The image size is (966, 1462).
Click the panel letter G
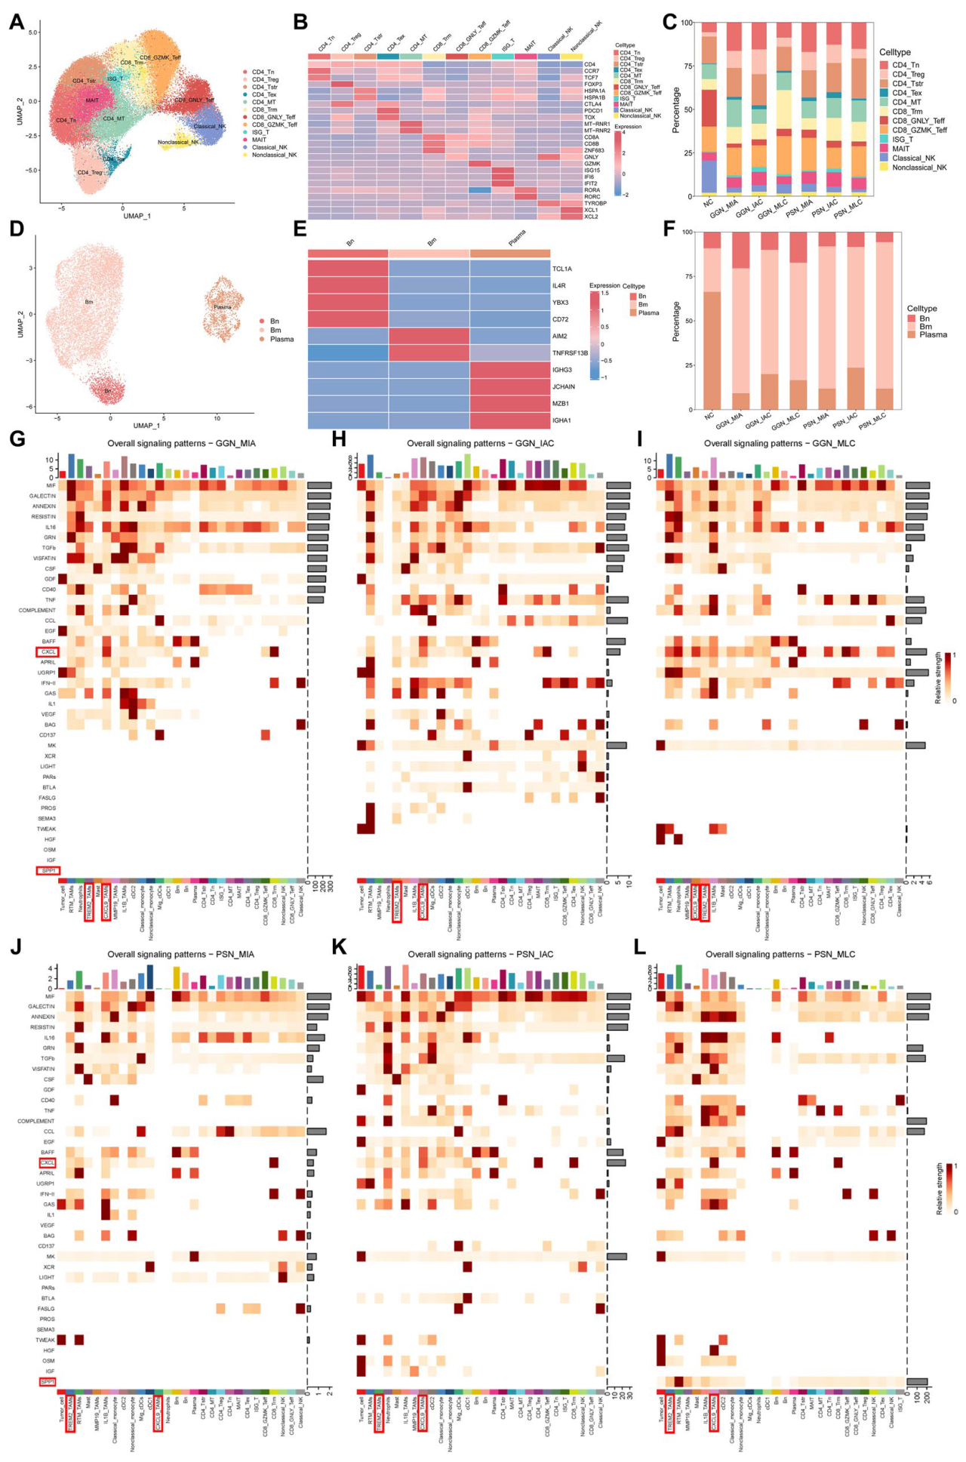pyautogui.click(x=16, y=439)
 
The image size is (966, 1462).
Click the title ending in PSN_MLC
pyautogui.click(x=780, y=954)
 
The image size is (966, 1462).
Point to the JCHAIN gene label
pyautogui.click(x=563, y=387)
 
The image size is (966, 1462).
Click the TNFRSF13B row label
pyautogui.click(x=570, y=353)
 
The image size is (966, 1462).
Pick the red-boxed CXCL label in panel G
pyautogui.click(x=48, y=651)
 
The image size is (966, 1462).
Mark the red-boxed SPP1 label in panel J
pyautogui.click(x=48, y=1381)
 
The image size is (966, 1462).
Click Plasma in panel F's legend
pyautogui.click(x=933, y=335)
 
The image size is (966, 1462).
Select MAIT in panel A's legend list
pyautogui.click(x=259, y=140)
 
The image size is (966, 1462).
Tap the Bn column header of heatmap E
pyautogui.click(x=350, y=243)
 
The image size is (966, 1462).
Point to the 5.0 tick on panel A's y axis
pyautogui.click(x=32, y=32)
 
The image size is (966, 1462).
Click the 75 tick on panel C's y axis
pyautogui.click(x=687, y=66)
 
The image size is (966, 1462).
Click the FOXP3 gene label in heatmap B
pyautogui.click(x=592, y=85)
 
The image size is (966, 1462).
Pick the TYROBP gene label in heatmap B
pyautogui.click(x=595, y=203)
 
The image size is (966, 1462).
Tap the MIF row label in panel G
pyautogui.click(x=51, y=485)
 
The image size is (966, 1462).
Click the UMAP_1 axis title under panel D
pyautogui.click(x=146, y=426)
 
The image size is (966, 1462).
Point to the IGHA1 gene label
pyautogui.click(x=561, y=421)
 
